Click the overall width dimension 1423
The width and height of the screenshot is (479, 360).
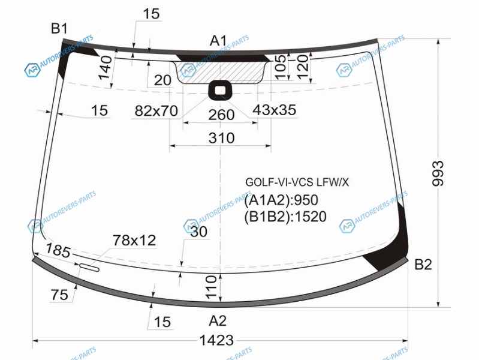tap(216, 340)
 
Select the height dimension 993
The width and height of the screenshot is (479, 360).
tap(438, 173)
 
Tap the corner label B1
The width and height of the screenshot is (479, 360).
tap(59, 28)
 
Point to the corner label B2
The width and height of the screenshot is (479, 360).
tap(423, 264)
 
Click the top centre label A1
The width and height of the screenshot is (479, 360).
tap(218, 41)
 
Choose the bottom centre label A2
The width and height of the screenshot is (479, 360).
tap(218, 321)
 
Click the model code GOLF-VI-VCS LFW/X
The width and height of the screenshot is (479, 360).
tap(297, 182)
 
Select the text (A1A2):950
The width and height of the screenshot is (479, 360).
tap(281, 200)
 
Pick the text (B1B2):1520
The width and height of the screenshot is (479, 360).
tap(285, 217)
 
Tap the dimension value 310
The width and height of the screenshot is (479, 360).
tap(221, 138)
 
